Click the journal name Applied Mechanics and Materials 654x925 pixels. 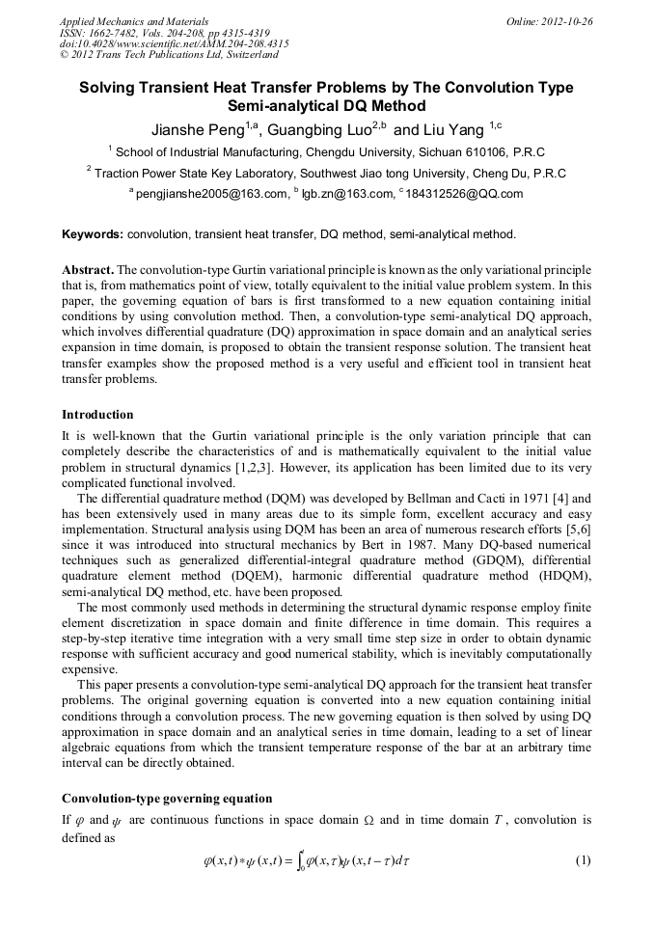pos(134,20)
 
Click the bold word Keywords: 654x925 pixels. pos(93,233)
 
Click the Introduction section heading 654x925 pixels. pos(97,415)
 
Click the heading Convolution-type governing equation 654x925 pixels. pos(167,799)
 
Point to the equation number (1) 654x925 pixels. pos(581,859)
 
